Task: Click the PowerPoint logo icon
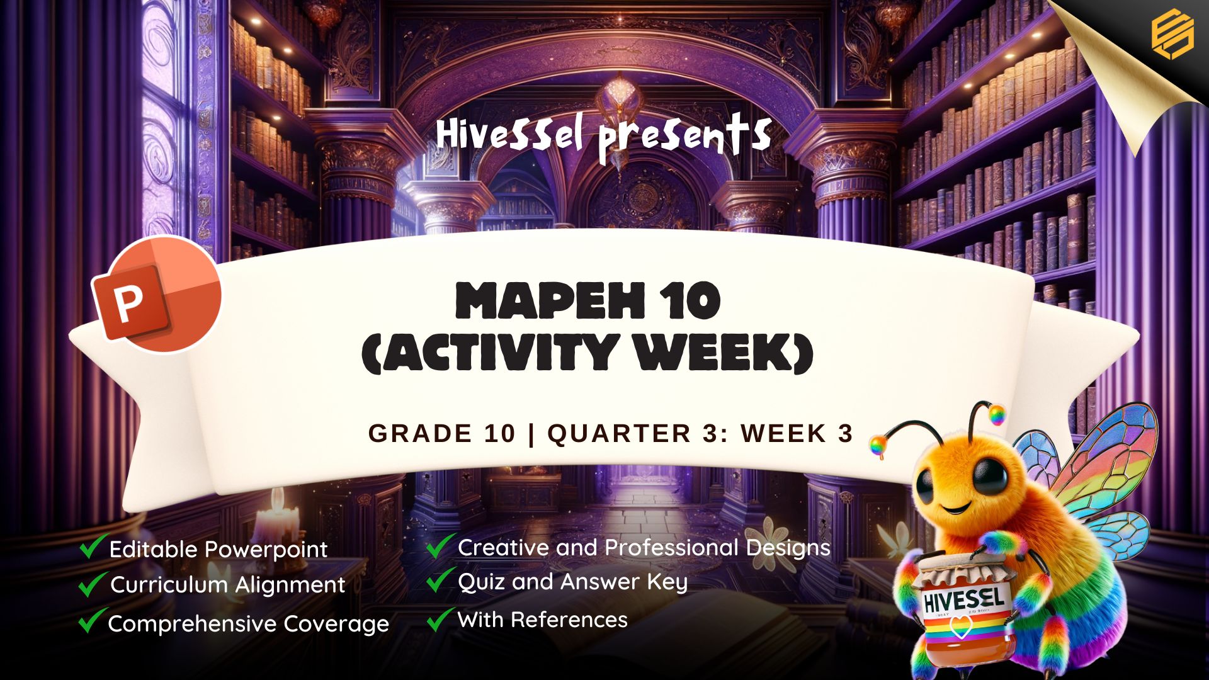tap(157, 295)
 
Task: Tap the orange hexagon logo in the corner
tap(1172, 35)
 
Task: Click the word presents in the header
tap(684, 137)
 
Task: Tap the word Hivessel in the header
tap(510, 134)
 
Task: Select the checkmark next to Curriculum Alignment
tap(92, 584)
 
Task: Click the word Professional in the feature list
tap(671, 548)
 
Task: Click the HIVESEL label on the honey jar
tap(963, 599)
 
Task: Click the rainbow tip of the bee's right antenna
tap(996, 414)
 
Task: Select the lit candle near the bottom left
tap(278, 519)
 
